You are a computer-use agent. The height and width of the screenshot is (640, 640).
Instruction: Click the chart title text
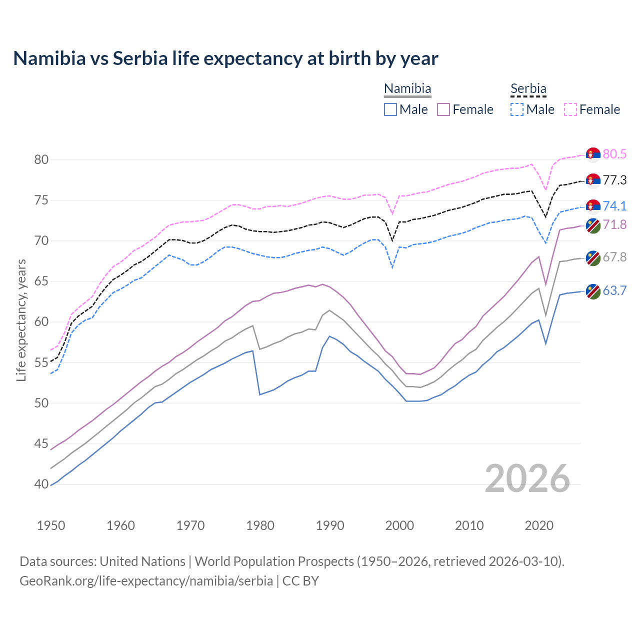tap(225, 58)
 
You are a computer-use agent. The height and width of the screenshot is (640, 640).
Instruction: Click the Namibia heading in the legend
tap(407, 88)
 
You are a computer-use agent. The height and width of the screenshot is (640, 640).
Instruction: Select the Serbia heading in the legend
tap(528, 88)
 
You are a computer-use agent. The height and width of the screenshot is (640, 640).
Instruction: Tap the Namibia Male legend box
tap(390, 109)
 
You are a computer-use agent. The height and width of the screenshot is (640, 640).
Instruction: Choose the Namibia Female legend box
tap(443, 109)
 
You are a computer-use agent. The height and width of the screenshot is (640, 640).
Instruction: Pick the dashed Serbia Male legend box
tap(517, 109)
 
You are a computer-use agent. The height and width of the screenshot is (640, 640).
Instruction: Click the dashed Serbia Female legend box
tap(570, 109)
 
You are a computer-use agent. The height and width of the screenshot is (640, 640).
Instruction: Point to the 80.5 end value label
tap(614, 154)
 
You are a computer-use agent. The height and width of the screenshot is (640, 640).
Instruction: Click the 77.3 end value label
tap(614, 180)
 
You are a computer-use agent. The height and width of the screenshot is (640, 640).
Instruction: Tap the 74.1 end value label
tap(614, 206)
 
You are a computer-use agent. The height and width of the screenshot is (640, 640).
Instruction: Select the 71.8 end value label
tap(614, 224)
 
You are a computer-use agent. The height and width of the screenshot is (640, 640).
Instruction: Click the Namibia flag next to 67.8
tap(593, 258)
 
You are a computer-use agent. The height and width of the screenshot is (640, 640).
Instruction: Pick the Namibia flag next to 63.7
tap(593, 291)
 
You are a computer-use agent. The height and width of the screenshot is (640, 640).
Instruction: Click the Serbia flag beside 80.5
tap(593, 155)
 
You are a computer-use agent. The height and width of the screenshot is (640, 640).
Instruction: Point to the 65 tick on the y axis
tap(41, 281)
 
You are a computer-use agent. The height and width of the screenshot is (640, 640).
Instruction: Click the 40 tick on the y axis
tap(41, 484)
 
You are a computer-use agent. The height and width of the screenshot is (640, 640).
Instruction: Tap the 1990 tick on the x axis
tap(330, 525)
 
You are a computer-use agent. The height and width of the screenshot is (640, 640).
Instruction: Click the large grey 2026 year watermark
tap(527, 478)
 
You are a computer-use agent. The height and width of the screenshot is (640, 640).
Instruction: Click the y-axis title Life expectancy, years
tap(21, 320)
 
